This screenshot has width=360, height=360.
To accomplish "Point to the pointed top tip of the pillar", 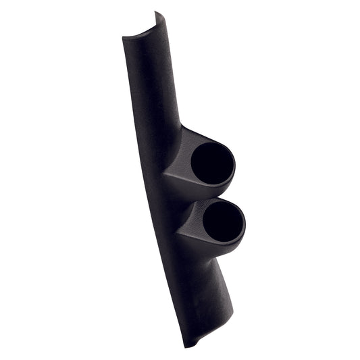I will [157, 12].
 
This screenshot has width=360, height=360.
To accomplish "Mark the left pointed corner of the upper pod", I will [164, 174].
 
